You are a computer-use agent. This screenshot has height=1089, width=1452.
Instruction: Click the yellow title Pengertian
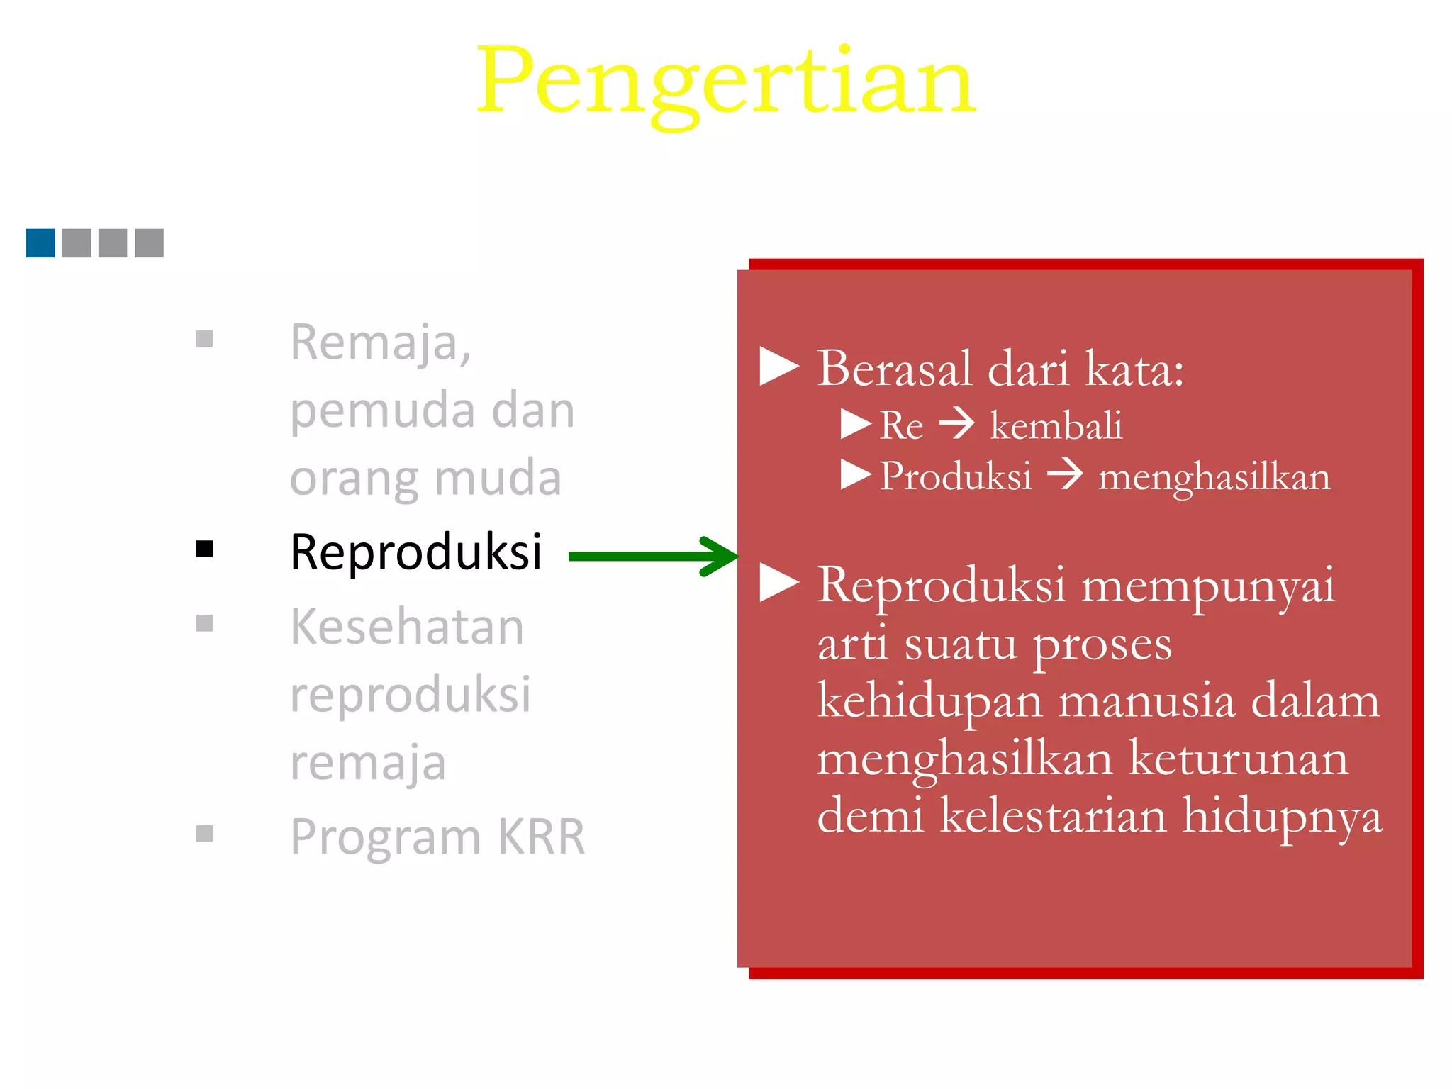tap(726, 82)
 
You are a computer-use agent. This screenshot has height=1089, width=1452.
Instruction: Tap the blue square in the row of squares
tap(40, 243)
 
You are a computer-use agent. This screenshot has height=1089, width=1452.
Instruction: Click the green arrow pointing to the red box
tap(652, 557)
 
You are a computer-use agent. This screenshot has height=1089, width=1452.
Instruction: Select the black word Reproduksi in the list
tap(416, 552)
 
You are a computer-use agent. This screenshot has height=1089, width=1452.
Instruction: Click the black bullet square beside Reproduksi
tap(205, 549)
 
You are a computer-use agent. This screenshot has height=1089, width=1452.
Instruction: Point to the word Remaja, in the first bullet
tap(381, 343)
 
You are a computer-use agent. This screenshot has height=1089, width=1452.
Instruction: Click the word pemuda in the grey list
tap(382, 411)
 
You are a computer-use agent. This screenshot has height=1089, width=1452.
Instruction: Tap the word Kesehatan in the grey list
tap(407, 627)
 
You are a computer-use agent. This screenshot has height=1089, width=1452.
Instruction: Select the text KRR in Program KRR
tap(542, 837)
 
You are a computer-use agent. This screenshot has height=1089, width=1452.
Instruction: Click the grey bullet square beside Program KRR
tap(205, 834)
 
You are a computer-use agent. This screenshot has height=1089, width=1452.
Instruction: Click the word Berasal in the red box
tap(894, 369)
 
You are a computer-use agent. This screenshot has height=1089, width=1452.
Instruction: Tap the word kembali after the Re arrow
tap(1056, 426)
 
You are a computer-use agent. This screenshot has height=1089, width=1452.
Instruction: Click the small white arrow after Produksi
tap(1065, 474)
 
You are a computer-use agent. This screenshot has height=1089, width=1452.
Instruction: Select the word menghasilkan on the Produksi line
tap(1214, 477)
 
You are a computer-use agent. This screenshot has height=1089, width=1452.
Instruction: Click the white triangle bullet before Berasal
tap(778, 367)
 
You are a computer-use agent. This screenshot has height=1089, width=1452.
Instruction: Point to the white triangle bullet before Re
tap(855, 424)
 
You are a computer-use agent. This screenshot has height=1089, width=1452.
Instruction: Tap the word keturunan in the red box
tap(1238, 759)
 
